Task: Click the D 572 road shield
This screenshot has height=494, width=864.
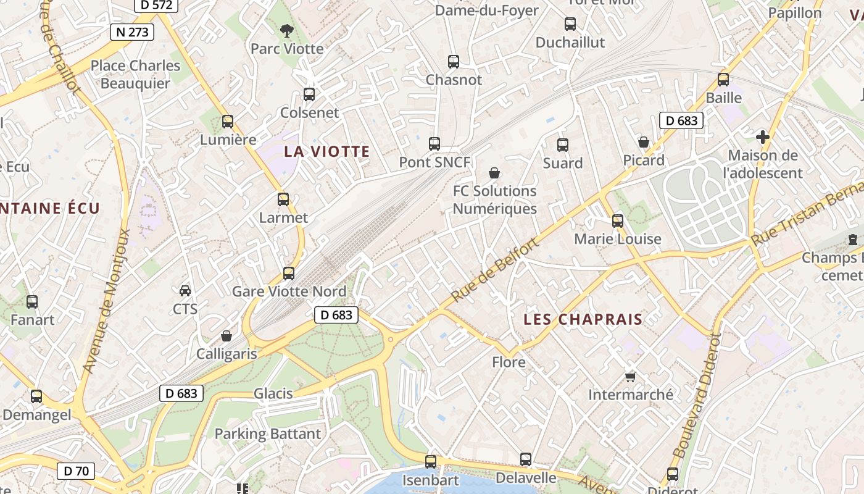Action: pyautogui.click(x=156, y=6)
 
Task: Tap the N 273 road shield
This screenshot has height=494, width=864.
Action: pyautogui.click(x=131, y=32)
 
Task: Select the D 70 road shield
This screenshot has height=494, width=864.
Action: pyautogui.click(x=76, y=471)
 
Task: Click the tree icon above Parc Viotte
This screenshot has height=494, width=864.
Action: pyautogui.click(x=286, y=30)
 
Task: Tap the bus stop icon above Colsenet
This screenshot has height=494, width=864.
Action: pyautogui.click(x=309, y=94)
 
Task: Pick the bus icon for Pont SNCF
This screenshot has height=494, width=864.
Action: pyautogui.click(x=434, y=144)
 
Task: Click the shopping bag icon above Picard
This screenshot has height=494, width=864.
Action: pyautogui.click(x=644, y=142)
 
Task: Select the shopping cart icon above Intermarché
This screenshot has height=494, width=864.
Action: pyautogui.click(x=630, y=376)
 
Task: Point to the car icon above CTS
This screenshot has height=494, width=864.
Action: pyautogui.click(x=185, y=290)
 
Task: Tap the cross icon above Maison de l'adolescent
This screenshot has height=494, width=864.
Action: pyautogui.click(x=763, y=137)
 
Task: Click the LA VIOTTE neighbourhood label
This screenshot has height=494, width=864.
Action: pyautogui.click(x=326, y=151)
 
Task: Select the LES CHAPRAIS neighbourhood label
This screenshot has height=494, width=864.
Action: pyautogui.click(x=583, y=319)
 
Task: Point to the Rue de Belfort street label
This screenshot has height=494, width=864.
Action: pyautogui.click(x=495, y=269)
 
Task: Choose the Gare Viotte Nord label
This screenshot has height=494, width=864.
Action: pyautogui.click(x=289, y=291)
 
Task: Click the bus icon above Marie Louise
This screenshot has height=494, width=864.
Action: pyautogui.click(x=618, y=221)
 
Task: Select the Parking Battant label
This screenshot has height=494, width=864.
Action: pyautogui.click(x=268, y=434)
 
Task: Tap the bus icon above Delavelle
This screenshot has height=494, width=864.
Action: pyautogui.click(x=526, y=459)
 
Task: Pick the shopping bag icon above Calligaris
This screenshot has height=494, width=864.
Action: pyautogui.click(x=226, y=336)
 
